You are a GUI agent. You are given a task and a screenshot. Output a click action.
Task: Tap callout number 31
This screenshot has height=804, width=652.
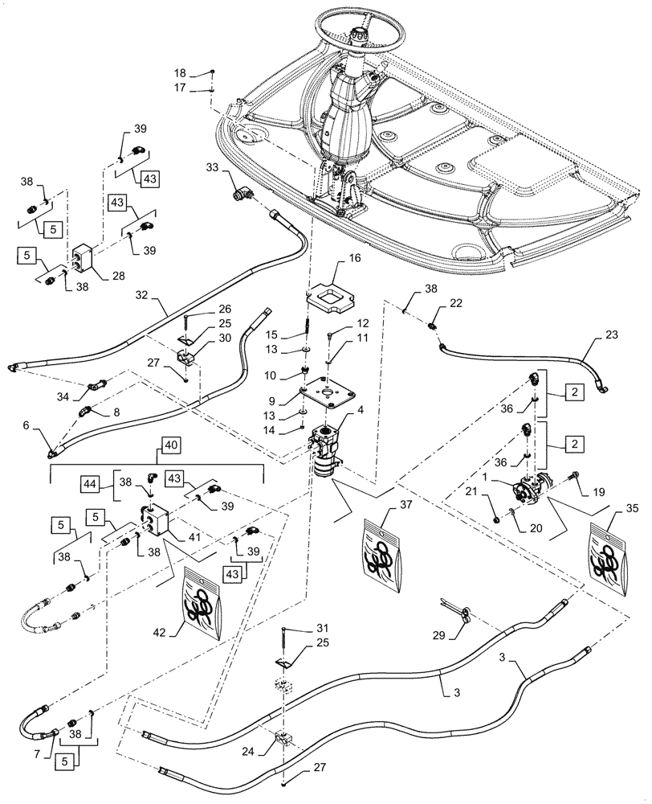(300, 628)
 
